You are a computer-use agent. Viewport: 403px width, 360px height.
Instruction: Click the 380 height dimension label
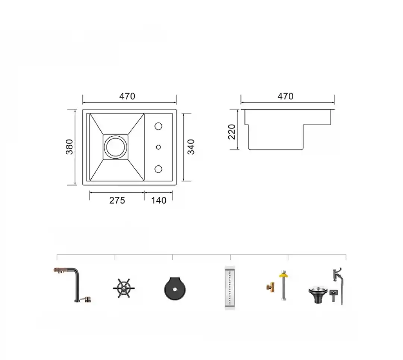click(x=69, y=147)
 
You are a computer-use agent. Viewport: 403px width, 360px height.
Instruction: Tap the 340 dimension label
click(x=191, y=147)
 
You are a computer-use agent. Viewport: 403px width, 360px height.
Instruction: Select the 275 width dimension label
click(x=117, y=200)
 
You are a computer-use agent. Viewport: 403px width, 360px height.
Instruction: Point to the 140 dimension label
click(x=159, y=200)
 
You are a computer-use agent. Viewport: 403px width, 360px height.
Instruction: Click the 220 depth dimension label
click(x=232, y=132)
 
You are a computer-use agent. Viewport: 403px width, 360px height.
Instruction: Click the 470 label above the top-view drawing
click(x=127, y=96)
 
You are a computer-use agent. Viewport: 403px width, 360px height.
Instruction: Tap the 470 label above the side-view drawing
click(x=285, y=96)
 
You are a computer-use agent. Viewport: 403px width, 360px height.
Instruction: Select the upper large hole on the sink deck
click(x=158, y=126)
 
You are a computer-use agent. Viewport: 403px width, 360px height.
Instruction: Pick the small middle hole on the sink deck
click(x=158, y=147)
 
